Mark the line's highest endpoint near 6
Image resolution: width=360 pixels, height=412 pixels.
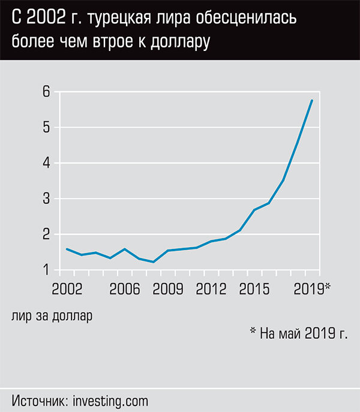coord(312,100)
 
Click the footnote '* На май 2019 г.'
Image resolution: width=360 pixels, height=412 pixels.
coord(298,333)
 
